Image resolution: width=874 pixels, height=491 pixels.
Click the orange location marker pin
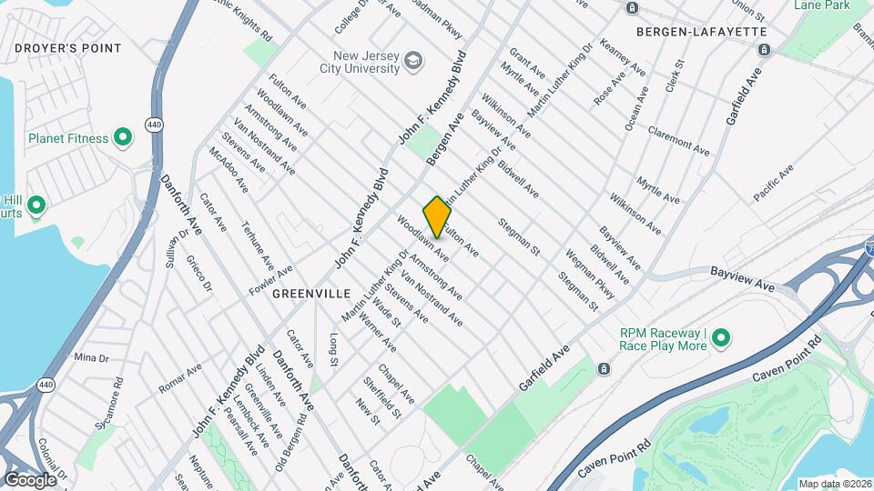(x=437, y=216)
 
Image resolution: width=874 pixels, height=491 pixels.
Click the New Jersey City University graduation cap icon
(x=414, y=61)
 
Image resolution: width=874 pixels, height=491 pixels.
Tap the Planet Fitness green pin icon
(x=123, y=138)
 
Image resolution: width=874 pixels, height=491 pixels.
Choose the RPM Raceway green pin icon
(x=721, y=338)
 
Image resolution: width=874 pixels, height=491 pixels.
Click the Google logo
(x=29, y=479)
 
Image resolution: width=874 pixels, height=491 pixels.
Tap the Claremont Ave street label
(x=678, y=140)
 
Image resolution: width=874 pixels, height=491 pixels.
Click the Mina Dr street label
(x=91, y=357)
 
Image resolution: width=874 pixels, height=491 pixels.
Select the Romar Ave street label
(x=179, y=380)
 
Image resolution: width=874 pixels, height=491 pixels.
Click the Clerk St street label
(x=675, y=78)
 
